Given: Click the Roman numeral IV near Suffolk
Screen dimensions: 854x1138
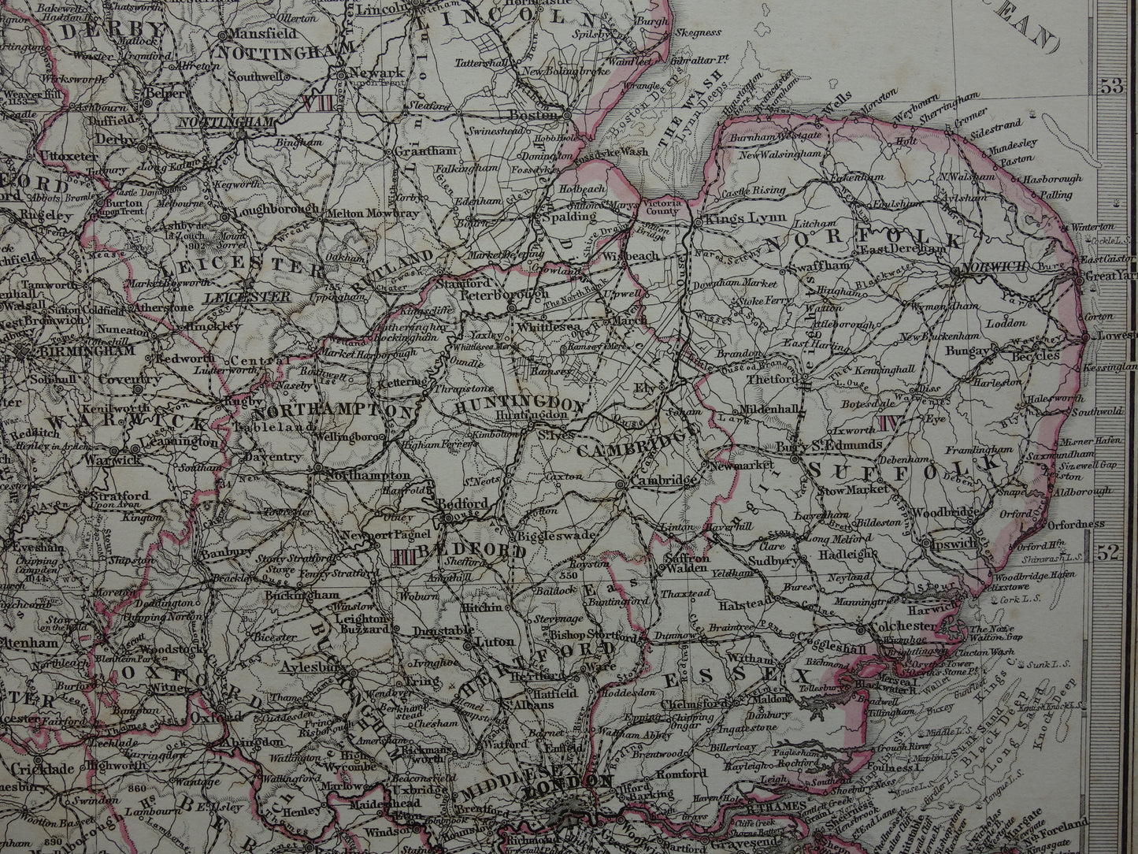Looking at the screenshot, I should (x=891, y=422).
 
